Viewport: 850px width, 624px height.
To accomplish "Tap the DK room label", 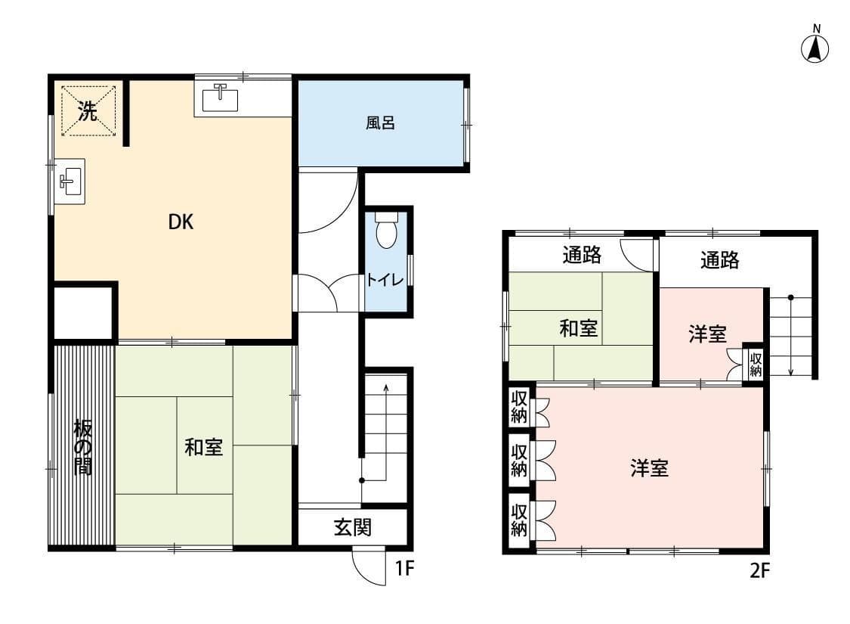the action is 181,222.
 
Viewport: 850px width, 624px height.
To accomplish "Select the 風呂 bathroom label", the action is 379,123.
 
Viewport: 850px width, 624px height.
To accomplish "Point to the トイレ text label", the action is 385,280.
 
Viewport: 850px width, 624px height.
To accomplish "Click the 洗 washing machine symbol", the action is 88,110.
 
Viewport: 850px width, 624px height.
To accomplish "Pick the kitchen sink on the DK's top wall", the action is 220,98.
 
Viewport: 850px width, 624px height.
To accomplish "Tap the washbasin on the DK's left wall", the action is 70,182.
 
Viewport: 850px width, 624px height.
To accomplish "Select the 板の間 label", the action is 83,448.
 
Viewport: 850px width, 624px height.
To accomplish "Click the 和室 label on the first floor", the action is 203,447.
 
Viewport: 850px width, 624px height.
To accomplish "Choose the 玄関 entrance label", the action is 352,527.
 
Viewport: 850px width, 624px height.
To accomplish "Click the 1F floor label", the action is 404,568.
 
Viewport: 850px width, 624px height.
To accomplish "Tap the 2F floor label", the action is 759,570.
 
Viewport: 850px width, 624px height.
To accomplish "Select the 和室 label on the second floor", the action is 579,328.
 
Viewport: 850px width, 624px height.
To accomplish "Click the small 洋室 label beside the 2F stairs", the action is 707,334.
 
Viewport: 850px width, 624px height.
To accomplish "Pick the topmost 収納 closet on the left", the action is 519,407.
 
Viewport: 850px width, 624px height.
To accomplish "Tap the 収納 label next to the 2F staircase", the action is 755,364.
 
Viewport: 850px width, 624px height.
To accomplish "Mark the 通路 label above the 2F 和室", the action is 582,254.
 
